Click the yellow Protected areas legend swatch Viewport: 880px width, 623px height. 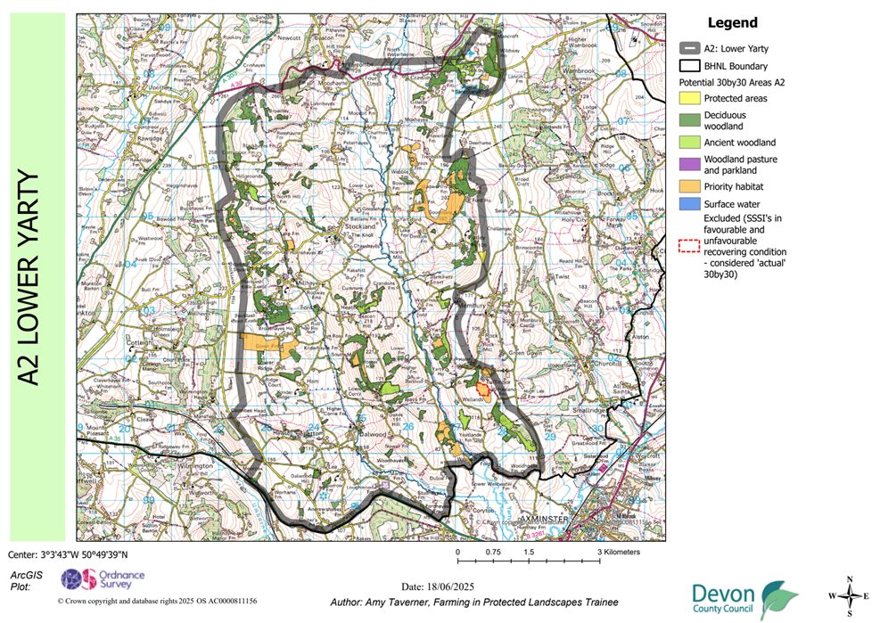[x=690, y=98]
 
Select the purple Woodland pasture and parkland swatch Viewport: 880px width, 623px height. [x=690, y=164]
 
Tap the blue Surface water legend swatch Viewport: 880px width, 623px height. [x=690, y=204]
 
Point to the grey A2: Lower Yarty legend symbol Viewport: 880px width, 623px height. [x=690, y=49]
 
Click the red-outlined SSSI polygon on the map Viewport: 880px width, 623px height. [x=482, y=389]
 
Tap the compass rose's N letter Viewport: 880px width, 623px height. [x=851, y=579]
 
